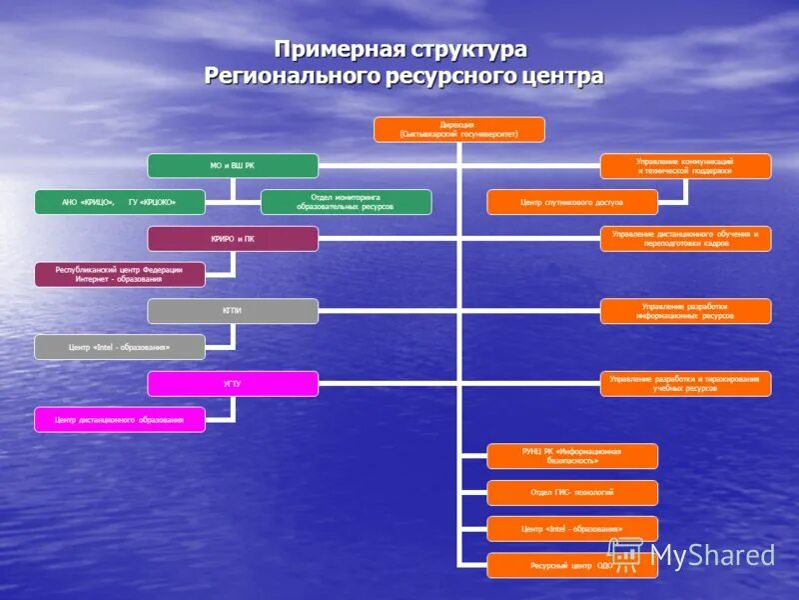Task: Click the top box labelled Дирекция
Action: [459, 129]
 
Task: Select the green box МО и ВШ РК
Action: [233, 166]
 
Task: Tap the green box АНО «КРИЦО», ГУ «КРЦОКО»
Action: [119, 202]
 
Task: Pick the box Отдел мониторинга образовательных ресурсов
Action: [346, 202]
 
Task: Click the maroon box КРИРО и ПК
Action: [233, 239]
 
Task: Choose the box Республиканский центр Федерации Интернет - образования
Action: [120, 274]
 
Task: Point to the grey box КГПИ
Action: [233, 311]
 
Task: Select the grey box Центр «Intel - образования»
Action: [120, 347]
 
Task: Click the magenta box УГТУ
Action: [233, 383]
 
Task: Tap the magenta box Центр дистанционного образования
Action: [120, 419]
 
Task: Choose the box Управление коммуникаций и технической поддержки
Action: [685, 166]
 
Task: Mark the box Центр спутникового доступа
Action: [573, 202]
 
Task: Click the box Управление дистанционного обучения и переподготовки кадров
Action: [685, 239]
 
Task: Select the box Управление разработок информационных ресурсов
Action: [685, 311]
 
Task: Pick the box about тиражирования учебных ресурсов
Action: [685, 383]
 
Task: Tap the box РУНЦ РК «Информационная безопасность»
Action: [572, 456]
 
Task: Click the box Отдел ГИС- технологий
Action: [572, 492]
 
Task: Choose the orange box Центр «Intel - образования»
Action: [572, 528]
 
